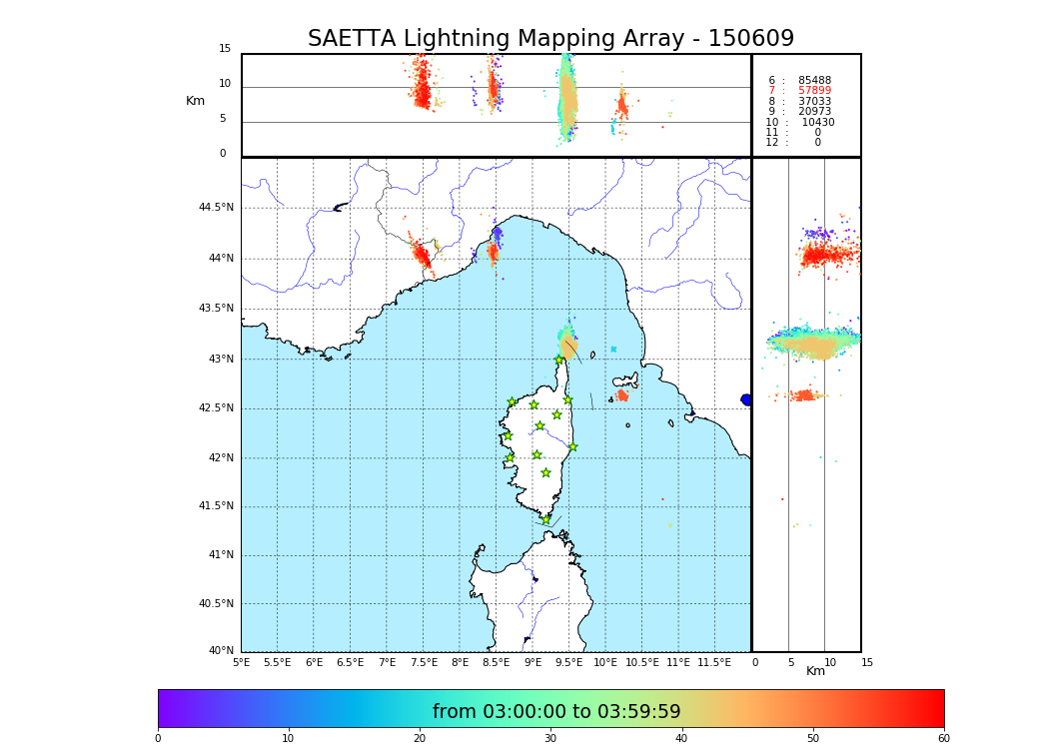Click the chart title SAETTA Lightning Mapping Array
point(550,39)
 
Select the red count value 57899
point(814,91)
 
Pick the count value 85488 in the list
point(814,80)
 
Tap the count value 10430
point(817,122)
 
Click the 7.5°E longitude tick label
point(424,662)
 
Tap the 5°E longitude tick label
point(241,662)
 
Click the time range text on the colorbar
point(556,712)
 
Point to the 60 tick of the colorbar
point(943,739)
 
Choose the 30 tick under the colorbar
point(550,739)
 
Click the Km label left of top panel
point(195,101)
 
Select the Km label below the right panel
point(816,671)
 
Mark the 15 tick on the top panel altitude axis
point(225,49)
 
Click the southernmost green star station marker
point(545,519)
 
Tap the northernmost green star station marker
point(559,360)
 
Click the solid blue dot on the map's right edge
point(746,399)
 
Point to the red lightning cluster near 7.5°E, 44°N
point(423,257)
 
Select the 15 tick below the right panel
point(867,662)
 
